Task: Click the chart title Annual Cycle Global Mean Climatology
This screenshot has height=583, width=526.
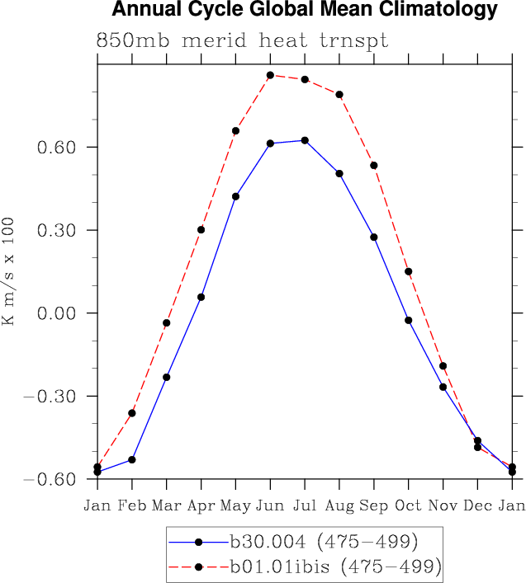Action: [x=305, y=10]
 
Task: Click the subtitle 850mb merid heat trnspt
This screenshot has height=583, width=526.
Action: [x=242, y=40]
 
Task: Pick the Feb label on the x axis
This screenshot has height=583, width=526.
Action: [x=132, y=505]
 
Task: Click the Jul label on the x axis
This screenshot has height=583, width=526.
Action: [x=305, y=505]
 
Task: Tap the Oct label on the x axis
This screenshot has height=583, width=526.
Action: [x=408, y=505]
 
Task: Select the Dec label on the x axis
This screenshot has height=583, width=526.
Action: [x=477, y=505]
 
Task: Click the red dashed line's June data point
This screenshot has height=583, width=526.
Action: [x=270, y=75]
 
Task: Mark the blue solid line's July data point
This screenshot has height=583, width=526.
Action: [x=305, y=140]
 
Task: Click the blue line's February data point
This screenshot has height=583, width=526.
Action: [x=132, y=459]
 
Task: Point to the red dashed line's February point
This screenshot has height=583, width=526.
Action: [x=132, y=412]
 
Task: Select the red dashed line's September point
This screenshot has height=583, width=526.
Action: [x=374, y=165]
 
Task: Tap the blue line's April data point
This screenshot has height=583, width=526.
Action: [x=201, y=297]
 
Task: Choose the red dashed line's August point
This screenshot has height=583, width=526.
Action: [x=339, y=94]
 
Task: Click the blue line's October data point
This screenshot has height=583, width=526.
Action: [x=408, y=320]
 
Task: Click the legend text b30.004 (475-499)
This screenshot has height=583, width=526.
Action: [x=324, y=542]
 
